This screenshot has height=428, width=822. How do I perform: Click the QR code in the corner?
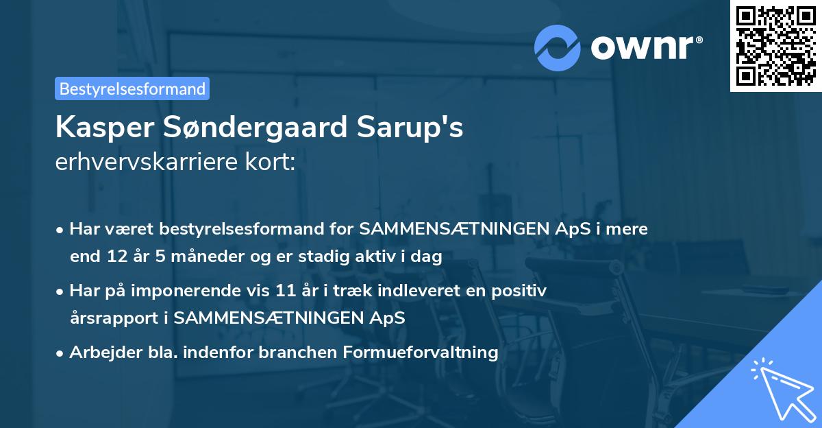776,45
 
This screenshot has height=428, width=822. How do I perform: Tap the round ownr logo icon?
557,47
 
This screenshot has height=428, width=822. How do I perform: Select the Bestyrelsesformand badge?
132,88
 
